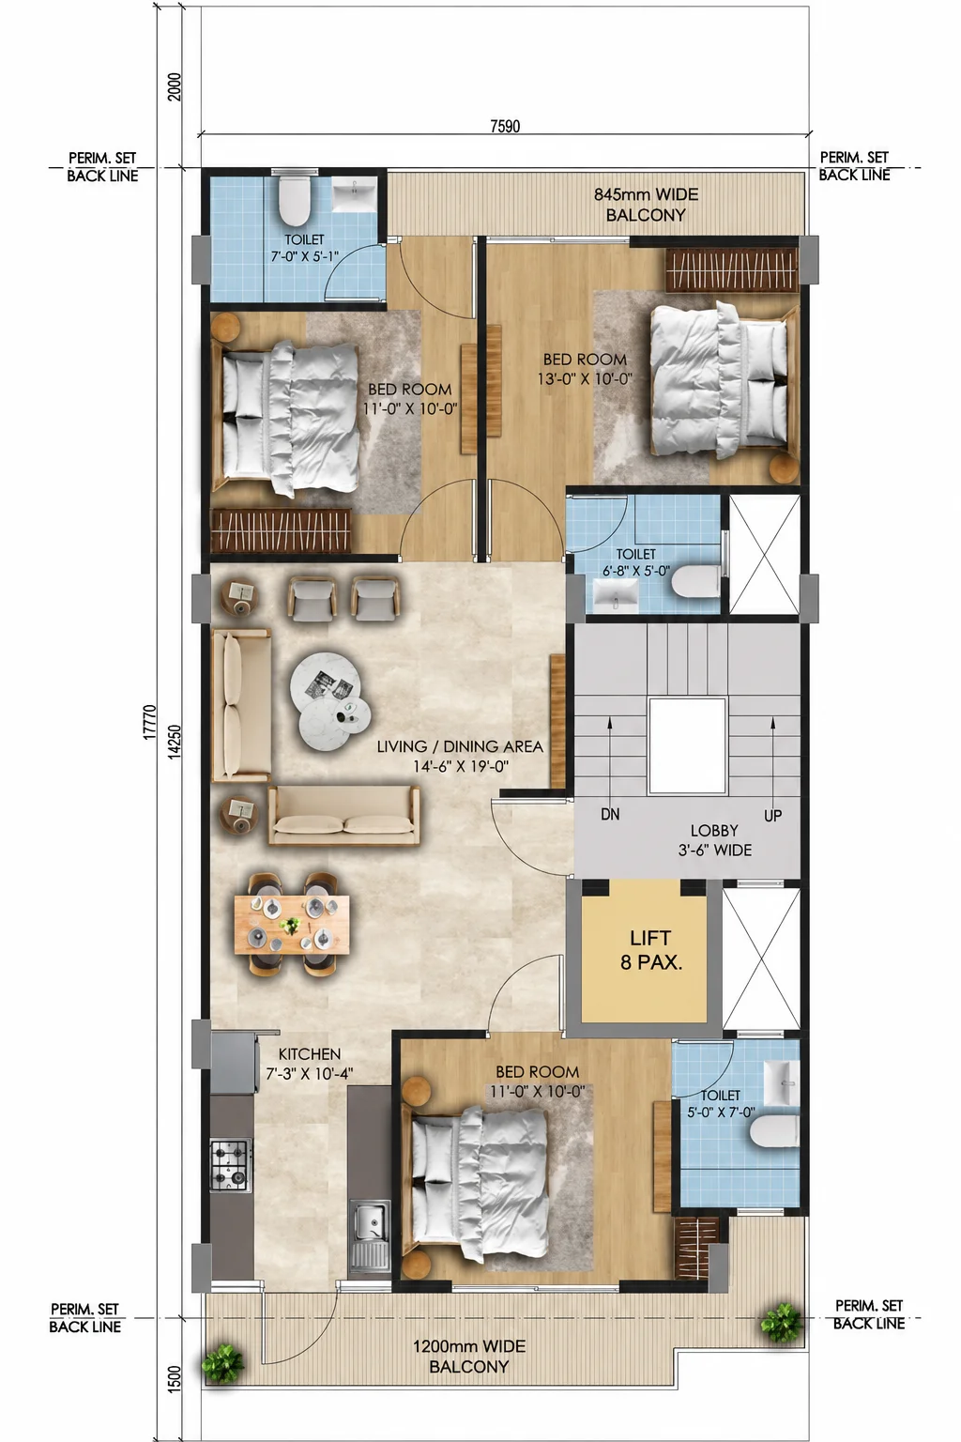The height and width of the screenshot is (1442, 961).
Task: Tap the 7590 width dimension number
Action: pyautogui.click(x=505, y=126)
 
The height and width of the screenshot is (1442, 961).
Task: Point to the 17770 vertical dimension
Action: pyautogui.click(x=149, y=723)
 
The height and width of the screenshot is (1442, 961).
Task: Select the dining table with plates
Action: pyautogui.click(x=292, y=924)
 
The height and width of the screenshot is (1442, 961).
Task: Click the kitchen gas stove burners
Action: pyautogui.click(x=231, y=1165)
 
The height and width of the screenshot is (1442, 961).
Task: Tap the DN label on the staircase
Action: pyautogui.click(x=610, y=814)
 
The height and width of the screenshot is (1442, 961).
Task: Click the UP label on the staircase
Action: pyautogui.click(x=772, y=816)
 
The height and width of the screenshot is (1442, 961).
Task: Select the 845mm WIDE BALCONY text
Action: pyautogui.click(x=646, y=205)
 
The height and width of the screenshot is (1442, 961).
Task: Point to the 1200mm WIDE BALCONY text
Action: pyautogui.click(x=468, y=1356)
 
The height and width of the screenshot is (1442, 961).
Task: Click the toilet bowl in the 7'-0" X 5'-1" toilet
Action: pyautogui.click(x=295, y=198)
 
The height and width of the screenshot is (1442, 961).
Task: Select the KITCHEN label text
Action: pyautogui.click(x=310, y=1054)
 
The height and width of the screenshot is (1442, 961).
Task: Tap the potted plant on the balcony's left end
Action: pyautogui.click(x=222, y=1363)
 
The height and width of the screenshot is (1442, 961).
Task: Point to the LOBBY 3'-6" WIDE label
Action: pyautogui.click(x=714, y=840)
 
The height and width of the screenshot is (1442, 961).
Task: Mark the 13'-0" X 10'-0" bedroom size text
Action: pyautogui.click(x=585, y=379)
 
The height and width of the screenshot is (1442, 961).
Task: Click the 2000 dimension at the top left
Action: pyautogui.click(x=175, y=87)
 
